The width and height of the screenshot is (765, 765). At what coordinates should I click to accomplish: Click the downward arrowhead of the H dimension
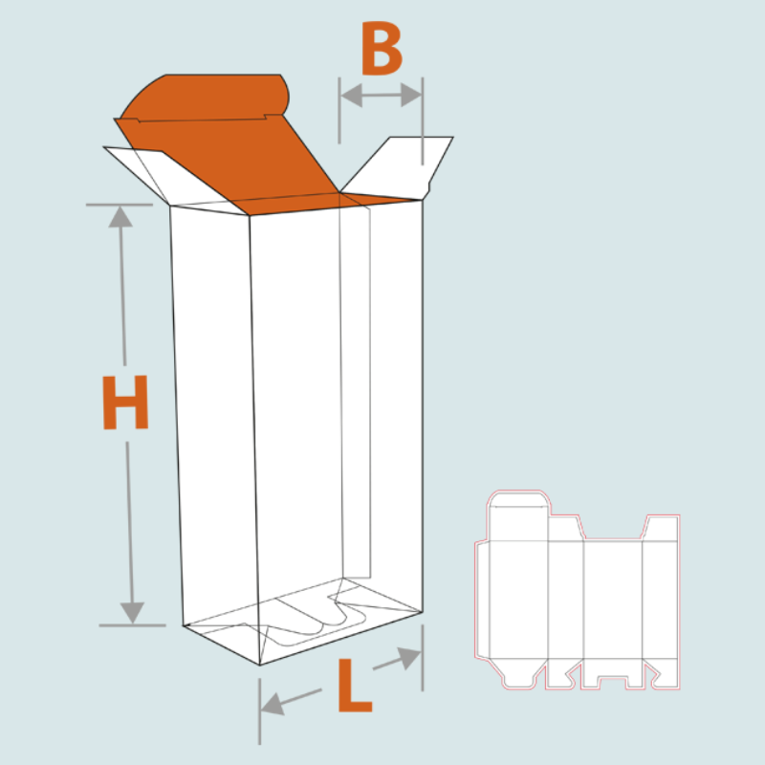tap(133, 612)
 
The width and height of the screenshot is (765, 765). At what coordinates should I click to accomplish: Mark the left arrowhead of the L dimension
tap(271, 707)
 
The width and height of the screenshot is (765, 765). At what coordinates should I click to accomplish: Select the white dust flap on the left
tap(143, 172)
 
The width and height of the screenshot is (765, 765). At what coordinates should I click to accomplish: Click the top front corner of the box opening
tap(251, 214)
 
